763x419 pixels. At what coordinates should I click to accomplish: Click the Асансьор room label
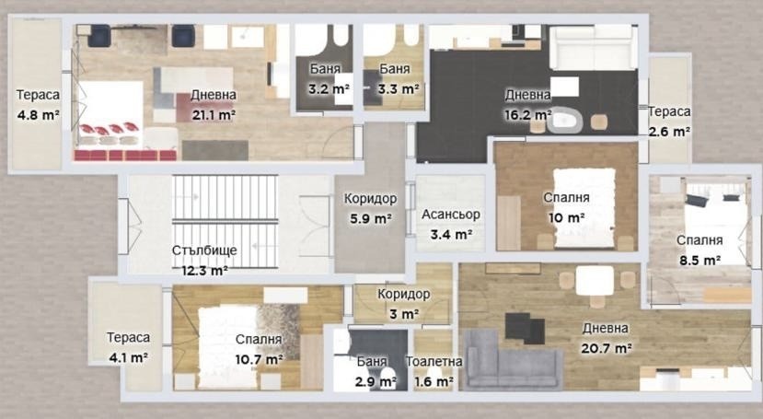pos(451,215)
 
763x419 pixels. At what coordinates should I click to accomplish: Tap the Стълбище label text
pos(204,250)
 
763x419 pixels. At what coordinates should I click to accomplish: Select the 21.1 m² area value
pos(214,115)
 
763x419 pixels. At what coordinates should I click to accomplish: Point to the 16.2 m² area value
pos(527,115)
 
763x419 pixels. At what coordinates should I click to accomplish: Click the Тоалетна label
pos(434,362)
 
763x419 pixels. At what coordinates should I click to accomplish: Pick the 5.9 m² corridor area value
pos(371,219)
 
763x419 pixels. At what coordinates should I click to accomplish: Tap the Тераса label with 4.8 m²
pos(38,95)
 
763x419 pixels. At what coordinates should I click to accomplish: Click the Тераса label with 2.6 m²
pos(669,111)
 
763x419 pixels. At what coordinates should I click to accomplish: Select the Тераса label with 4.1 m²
pos(129,337)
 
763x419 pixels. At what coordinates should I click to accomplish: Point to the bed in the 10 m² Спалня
pos(584,208)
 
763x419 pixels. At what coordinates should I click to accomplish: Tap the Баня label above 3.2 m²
pos(325,69)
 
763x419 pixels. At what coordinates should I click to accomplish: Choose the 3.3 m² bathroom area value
pos(399,89)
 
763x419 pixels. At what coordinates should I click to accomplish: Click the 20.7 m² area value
pos(607,348)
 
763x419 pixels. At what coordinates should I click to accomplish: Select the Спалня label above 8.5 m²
pos(699,240)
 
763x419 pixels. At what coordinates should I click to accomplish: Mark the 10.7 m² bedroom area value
pos(260,360)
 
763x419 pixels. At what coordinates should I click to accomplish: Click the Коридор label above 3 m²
pos(404,294)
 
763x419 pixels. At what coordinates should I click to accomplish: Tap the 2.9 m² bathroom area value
pos(376,382)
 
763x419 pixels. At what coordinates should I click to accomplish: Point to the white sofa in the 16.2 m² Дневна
pos(593,47)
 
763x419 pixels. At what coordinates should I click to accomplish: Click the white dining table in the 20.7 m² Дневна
pos(595,281)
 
